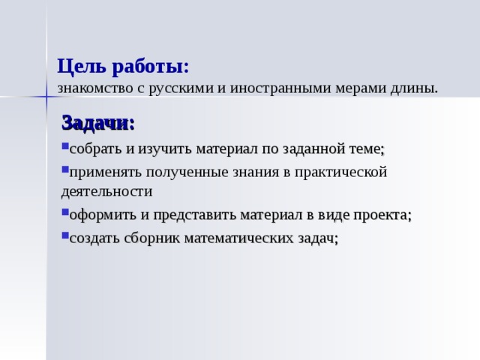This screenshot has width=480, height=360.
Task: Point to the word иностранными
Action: (281, 88)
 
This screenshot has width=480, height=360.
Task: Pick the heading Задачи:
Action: (98, 123)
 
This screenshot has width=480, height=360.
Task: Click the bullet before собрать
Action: (65, 145)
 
